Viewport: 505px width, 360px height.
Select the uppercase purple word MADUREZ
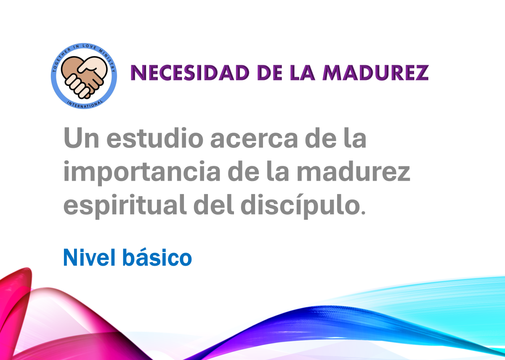375,72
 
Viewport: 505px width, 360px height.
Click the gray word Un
81,138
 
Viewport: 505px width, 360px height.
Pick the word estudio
155,138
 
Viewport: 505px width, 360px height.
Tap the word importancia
142,173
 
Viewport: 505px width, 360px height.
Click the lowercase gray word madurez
353,171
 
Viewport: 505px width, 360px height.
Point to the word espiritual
125,206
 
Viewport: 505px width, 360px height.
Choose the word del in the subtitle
214,204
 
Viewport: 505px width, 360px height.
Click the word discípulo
300,206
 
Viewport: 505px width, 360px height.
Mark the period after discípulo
363,212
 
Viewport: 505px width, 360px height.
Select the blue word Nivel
90,258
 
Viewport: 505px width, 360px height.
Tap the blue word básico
157,258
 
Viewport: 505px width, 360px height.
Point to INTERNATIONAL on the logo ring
85,104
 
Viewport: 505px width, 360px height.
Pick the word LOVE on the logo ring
90,47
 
